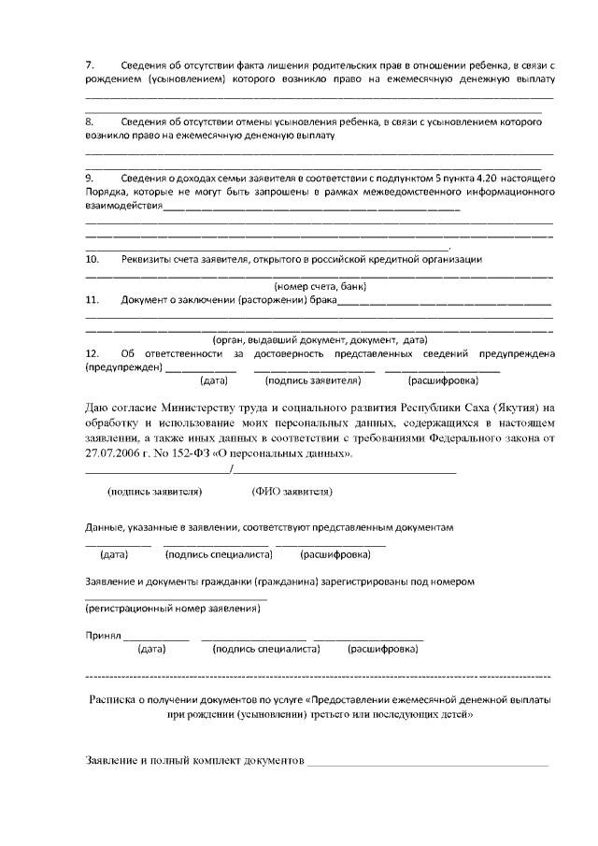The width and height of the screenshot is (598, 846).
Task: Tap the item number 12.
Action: pos(93,353)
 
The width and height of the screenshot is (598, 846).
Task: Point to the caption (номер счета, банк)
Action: pos(319,286)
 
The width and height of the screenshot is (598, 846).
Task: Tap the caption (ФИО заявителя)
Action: pos(292,491)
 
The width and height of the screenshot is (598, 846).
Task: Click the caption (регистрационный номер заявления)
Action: pos(173,609)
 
